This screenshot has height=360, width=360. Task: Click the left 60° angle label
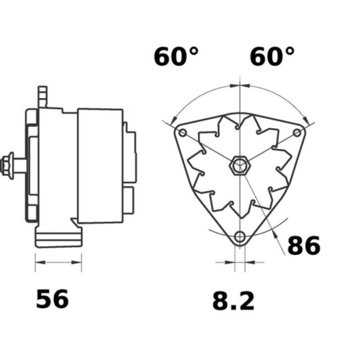(x=176, y=57)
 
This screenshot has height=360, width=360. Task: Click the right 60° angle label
(x=272, y=57)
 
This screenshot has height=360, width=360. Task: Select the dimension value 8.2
(x=233, y=301)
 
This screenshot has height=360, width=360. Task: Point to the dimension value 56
(x=52, y=299)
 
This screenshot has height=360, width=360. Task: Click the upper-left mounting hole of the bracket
(x=183, y=133)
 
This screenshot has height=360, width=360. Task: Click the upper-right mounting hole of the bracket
(x=297, y=133)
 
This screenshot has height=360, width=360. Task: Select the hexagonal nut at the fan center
(x=239, y=166)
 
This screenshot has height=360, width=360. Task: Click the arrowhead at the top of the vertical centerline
(x=240, y=85)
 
